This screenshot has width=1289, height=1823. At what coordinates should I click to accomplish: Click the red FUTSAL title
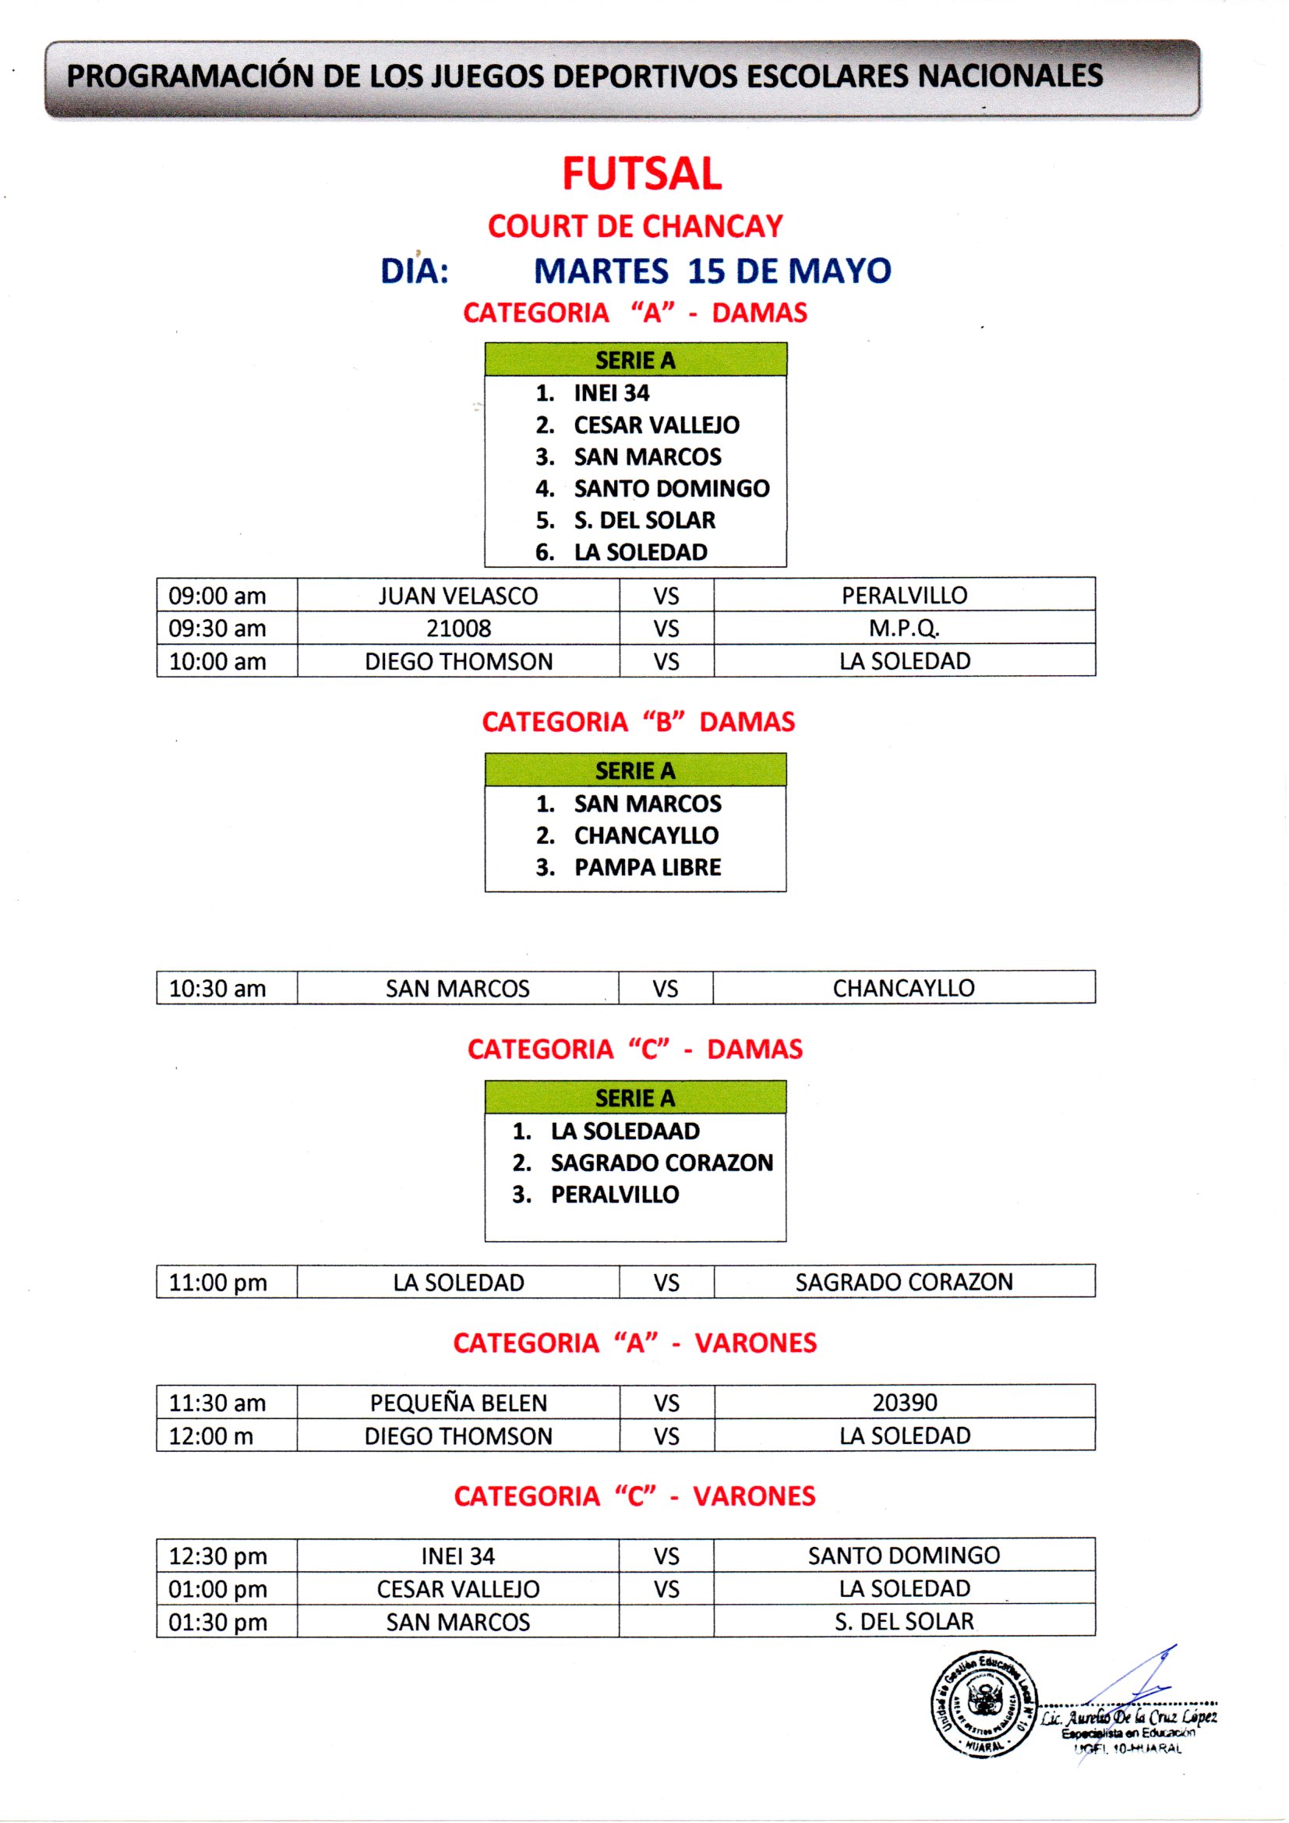(x=642, y=174)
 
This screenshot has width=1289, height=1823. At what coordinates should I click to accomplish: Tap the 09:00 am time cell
(x=217, y=596)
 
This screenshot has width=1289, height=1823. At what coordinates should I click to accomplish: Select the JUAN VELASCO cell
(x=458, y=596)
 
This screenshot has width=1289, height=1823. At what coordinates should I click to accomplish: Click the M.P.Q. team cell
(x=904, y=628)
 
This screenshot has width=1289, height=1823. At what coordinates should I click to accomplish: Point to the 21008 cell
(x=458, y=628)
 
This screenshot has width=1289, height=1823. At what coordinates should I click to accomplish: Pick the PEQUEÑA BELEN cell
(x=458, y=1403)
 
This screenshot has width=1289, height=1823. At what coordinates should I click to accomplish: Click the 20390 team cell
(x=904, y=1402)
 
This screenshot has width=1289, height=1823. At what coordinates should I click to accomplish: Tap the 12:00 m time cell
(x=211, y=1435)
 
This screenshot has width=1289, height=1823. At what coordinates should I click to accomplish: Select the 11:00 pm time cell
(x=217, y=1283)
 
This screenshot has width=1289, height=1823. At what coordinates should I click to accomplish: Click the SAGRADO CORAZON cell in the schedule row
(x=904, y=1282)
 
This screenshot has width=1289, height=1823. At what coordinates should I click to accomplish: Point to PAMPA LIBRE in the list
(x=648, y=867)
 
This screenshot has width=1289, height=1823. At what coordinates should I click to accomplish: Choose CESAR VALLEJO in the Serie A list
(x=656, y=425)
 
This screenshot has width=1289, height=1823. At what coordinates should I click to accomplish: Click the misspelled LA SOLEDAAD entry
(x=625, y=1131)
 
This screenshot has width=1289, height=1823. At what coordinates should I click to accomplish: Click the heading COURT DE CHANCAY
(x=635, y=226)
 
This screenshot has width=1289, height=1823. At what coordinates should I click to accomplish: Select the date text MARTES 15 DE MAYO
(x=712, y=271)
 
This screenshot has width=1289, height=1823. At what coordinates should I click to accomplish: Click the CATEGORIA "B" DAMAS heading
(x=638, y=722)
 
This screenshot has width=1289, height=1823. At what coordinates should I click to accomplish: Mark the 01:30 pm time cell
(x=217, y=1622)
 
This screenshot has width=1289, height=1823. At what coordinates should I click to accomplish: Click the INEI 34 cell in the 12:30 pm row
(x=458, y=1556)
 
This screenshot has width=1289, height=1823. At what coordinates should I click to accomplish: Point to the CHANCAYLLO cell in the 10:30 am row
(x=903, y=988)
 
